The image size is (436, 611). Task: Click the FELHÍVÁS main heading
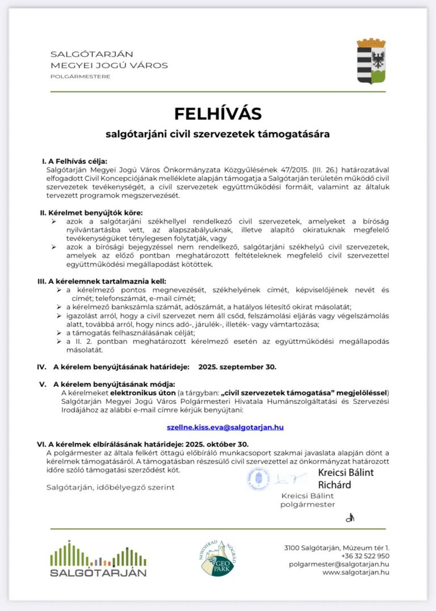click(x=217, y=113)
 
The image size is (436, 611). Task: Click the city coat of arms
click(x=371, y=61)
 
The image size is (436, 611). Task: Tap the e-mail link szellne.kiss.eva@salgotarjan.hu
click(x=225, y=427)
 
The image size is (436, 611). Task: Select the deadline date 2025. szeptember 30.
click(x=237, y=366)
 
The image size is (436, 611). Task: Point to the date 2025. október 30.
click(x=218, y=444)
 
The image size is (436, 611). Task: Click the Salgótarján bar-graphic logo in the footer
click(x=98, y=559)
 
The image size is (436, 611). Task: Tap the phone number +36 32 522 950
click(x=365, y=556)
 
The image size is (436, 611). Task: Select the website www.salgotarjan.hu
click(x=356, y=572)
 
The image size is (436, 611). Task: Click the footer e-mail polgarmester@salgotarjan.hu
click(x=339, y=564)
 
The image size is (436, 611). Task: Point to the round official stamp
click(x=258, y=479)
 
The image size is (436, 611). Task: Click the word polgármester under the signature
click(x=307, y=504)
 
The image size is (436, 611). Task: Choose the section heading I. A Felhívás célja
click(x=74, y=161)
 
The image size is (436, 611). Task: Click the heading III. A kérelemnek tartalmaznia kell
click(x=102, y=281)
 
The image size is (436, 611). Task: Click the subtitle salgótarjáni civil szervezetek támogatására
click(x=217, y=135)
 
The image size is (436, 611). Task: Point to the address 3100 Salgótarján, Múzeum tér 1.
click(x=337, y=547)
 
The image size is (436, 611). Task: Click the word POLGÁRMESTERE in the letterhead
click(x=80, y=77)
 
